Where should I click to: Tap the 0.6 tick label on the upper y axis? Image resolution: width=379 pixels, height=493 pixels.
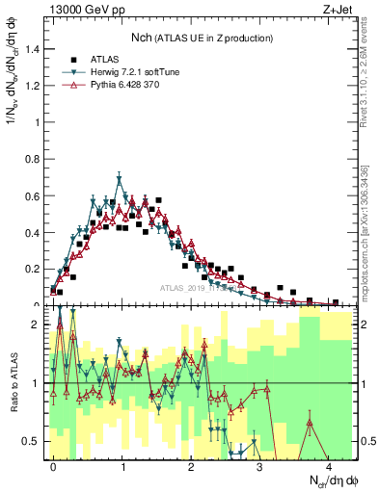30,195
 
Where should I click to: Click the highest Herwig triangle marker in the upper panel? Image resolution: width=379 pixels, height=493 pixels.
119,178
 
